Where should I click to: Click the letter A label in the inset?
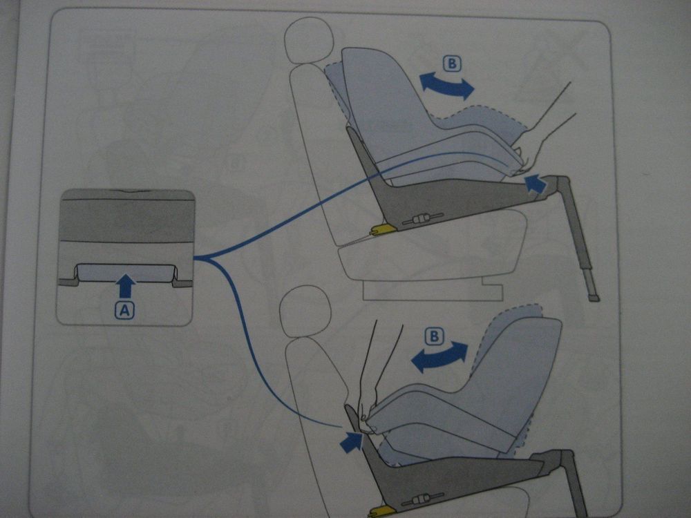[x=124, y=310]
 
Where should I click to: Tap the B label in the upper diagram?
[x=452, y=64]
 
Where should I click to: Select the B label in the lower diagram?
[x=434, y=336]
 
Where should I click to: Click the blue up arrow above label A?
[x=126, y=285]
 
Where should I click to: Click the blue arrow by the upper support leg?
[x=536, y=183]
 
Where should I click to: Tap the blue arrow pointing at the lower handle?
[x=351, y=442]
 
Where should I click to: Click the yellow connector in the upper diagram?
[x=382, y=229]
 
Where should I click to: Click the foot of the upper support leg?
[x=594, y=298]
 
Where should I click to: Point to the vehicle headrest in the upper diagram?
[x=308, y=40]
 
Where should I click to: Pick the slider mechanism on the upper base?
[x=422, y=220]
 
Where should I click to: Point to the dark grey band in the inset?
[x=126, y=220]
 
